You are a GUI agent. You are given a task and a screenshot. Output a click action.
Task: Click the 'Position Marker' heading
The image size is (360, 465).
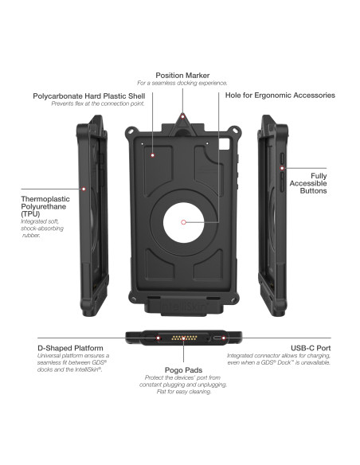(182, 75)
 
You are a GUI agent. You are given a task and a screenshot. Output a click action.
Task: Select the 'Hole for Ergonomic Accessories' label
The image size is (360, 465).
(279, 96)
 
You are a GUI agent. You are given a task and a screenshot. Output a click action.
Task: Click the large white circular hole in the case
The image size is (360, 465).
(184, 221)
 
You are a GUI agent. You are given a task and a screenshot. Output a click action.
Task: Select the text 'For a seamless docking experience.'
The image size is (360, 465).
(182, 83)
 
